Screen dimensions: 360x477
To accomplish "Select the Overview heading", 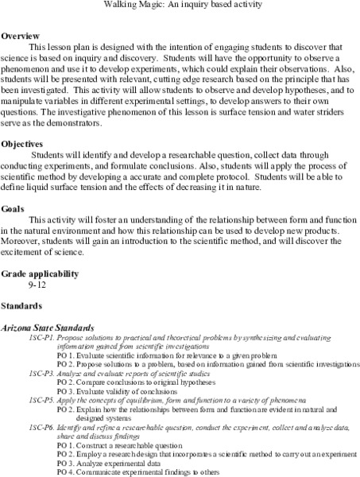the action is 21,37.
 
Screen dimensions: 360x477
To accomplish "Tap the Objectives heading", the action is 24,143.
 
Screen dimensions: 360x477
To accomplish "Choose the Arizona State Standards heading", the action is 49,327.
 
